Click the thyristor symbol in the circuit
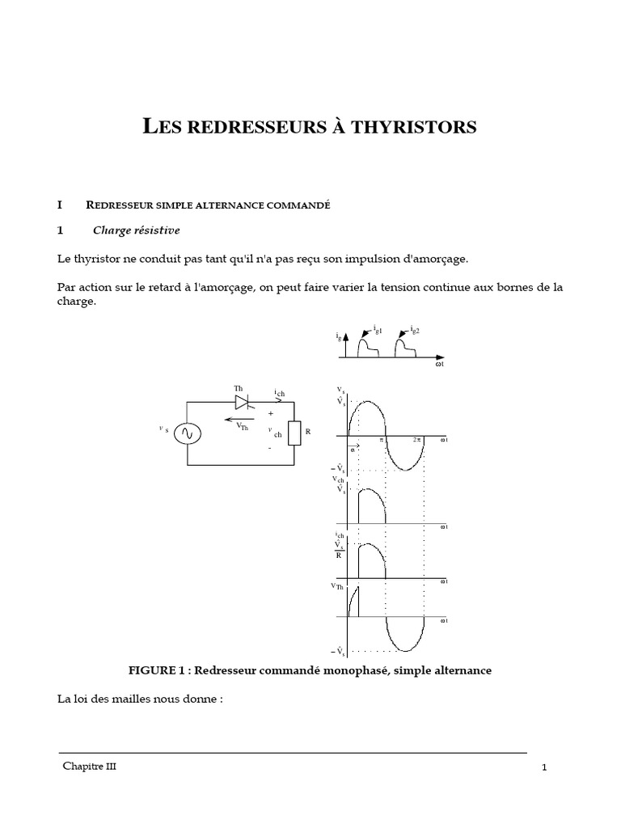point(241,401)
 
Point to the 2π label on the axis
point(417,439)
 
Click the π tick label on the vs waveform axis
point(382,439)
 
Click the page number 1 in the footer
point(545,768)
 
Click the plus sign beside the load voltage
point(271,413)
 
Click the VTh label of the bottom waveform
point(338,587)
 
